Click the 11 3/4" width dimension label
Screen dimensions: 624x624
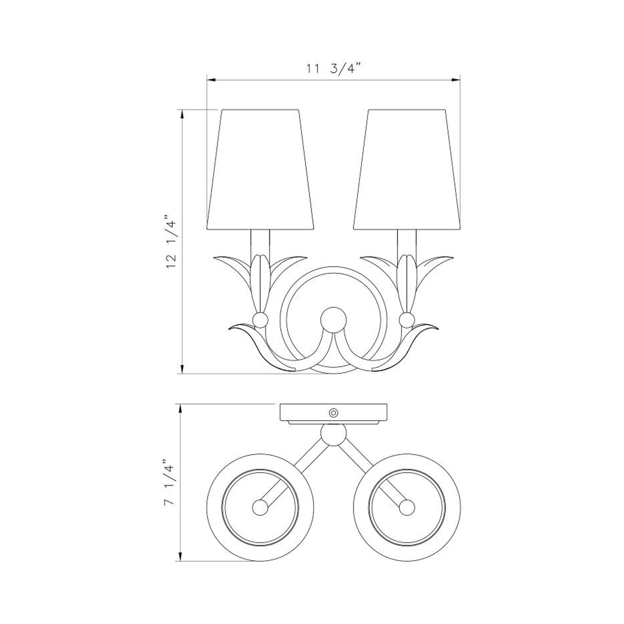pyautogui.click(x=333, y=69)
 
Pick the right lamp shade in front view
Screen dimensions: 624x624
pyautogui.click(x=406, y=169)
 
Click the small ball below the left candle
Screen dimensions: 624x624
pyautogui.click(x=260, y=320)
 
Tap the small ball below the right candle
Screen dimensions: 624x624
pyautogui.click(x=406, y=320)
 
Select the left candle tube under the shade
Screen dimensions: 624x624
pyautogui.click(x=260, y=242)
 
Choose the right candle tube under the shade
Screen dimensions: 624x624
pyautogui.click(x=406, y=242)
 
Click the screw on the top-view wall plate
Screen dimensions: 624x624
pyautogui.click(x=333, y=412)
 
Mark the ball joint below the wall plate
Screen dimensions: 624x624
pyautogui.click(x=333, y=434)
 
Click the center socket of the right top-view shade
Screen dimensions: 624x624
pyautogui.click(x=406, y=507)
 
